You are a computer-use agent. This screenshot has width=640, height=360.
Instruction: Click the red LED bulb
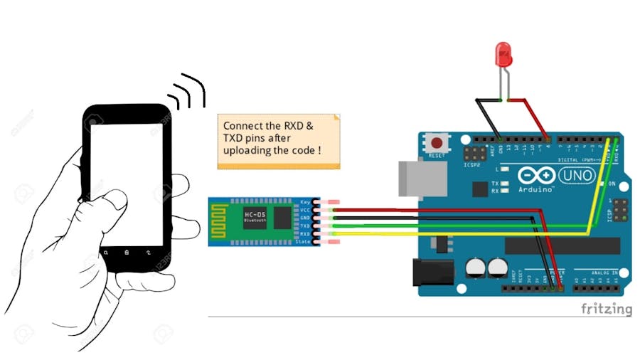[503, 55]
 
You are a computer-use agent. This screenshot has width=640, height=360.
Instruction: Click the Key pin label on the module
[306, 202]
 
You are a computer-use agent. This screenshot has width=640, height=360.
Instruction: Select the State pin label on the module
[304, 242]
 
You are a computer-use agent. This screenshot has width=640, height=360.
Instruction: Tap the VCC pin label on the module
[306, 210]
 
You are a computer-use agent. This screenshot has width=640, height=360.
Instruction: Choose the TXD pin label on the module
[305, 226]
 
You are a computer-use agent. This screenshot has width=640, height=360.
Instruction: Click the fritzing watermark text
[606, 309]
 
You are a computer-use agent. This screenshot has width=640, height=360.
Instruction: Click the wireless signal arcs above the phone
[188, 92]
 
